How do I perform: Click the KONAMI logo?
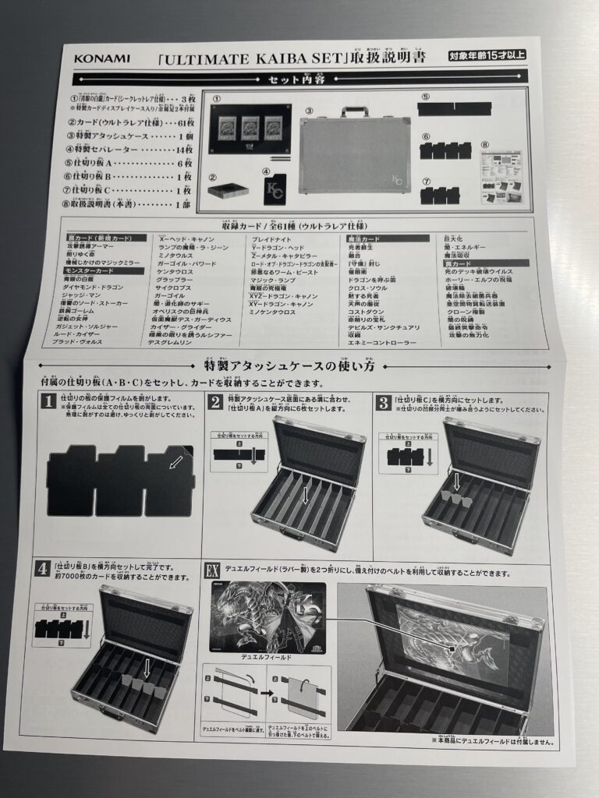(x=102, y=58)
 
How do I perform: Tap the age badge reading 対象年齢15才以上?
(x=487, y=55)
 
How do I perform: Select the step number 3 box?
(x=383, y=402)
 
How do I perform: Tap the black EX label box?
(x=212, y=569)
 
